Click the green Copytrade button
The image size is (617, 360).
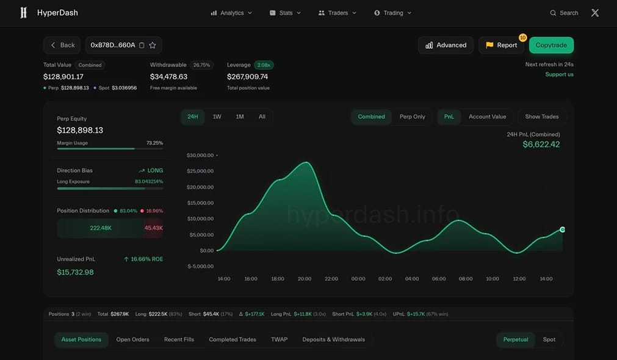click(551, 45)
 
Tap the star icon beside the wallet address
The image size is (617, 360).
click(153, 45)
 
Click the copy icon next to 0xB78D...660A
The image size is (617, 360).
click(142, 45)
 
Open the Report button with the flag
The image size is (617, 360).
click(501, 45)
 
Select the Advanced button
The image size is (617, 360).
click(446, 45)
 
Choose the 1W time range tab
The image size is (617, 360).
click(217, 117)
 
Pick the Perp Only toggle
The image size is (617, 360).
click(413, 117)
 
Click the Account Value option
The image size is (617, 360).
click(487, 117)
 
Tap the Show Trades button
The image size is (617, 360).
click(542, 117)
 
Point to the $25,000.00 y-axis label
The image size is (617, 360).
click(200, 171)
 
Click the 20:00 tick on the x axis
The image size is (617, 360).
click(305, 279)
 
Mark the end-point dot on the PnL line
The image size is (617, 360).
click(562, 229)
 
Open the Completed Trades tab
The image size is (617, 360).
click(233, 339)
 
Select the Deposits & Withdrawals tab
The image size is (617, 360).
click(334, 339)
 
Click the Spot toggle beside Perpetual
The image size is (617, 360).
click(549, 339)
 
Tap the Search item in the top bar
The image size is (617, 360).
click(564, 13)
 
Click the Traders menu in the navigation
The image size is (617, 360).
click(337, 13)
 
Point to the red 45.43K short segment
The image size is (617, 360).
click(153, 228)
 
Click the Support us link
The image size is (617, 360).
click(559, 74)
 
